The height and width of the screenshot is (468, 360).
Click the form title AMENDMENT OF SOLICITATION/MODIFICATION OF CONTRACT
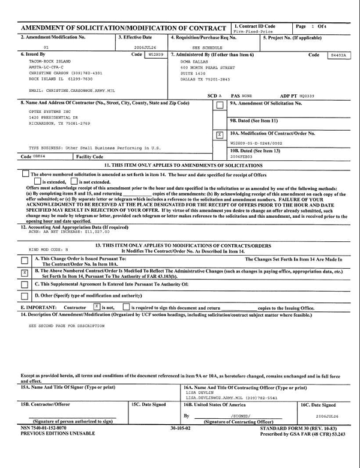coord(123,29)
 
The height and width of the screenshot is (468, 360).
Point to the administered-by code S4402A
coord(338,55)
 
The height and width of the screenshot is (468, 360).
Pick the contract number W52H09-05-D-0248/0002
coord(256,143)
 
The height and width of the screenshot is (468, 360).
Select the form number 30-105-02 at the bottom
coord(180,428)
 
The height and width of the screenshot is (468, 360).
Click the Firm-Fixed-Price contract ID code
coord(253,31)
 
